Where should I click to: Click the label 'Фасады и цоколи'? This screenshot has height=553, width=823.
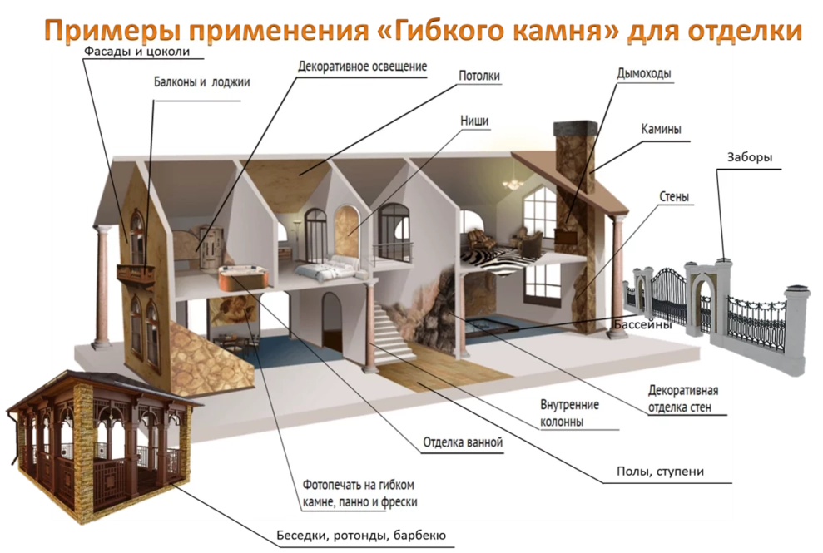tap(137, 52)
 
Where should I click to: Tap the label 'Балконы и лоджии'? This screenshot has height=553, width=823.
tap(201, 81)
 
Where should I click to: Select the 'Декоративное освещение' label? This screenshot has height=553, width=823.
tap(362, 67)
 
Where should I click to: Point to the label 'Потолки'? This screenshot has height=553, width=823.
tap(479, 76)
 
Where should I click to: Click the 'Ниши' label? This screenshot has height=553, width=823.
tap(474, 121)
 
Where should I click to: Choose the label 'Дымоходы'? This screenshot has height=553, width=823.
tap(644, 73)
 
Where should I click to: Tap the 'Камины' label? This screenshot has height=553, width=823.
tap(662, 129)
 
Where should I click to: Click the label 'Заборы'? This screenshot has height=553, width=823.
tap(750, 157)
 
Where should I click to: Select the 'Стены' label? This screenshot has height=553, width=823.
tap(674, 197)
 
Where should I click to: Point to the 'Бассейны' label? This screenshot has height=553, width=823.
tap(643, 324)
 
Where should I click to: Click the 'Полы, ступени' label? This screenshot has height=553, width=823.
tap(660, 472)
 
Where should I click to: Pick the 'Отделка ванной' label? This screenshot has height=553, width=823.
tap(463, 442)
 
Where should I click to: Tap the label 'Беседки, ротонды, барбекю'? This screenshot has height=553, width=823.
tap(361, 536)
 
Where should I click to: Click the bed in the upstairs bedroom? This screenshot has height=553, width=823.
tap(328, 269)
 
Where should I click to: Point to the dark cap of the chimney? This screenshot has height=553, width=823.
tap(576, 126)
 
